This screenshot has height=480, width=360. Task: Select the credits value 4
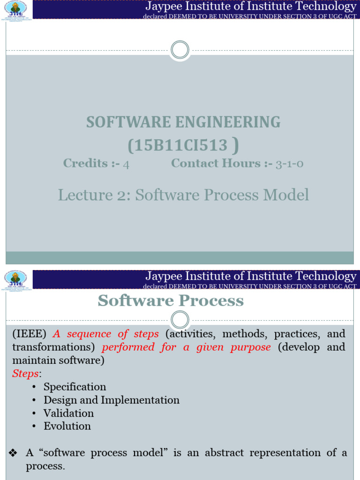coord(125,164)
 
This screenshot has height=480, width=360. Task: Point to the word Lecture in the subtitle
coord(78,195)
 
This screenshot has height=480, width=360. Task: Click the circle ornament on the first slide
coord(180,50)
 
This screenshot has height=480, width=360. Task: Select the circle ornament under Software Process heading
coord(180,320)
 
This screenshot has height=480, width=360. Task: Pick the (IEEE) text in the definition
coord(29,334)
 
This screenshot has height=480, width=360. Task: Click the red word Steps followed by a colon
coord(26,374)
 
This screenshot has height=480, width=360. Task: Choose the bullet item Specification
coord(75,387)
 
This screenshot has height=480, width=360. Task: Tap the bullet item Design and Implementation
coord(111,400)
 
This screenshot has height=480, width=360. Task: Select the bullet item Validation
coord(68,413)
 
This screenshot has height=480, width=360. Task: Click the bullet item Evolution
coord(67,426)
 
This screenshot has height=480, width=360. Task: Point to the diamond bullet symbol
coord(13,453)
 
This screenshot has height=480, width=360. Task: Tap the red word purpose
coord(252,347)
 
